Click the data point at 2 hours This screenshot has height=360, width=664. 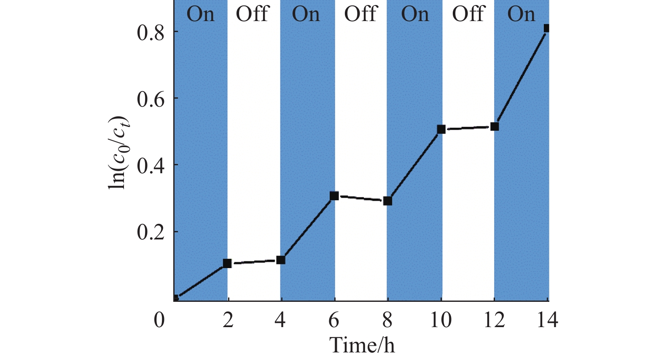coord(227,263)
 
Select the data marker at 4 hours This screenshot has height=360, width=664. coord(281,260)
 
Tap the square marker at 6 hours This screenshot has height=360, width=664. coord(334,196)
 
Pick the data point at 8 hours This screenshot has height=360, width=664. coord(388,201)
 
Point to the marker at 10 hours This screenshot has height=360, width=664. coord(441,129)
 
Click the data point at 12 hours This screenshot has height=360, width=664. coord(495,126)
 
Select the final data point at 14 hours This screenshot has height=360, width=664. coord(546,28)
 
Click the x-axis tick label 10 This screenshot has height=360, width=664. coord(441,320)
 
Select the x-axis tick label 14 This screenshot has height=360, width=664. coord(547,320)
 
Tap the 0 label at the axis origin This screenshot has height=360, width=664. coord(159,320)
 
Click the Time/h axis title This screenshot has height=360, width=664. coord(362,346)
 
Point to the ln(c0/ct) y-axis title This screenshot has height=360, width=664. coord(119,152)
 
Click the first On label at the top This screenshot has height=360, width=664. coord(201,14)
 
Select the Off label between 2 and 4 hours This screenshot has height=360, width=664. coord(252,14)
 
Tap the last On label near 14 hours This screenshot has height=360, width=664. coord(521,14)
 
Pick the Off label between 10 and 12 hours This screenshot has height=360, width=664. coord(468,14)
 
